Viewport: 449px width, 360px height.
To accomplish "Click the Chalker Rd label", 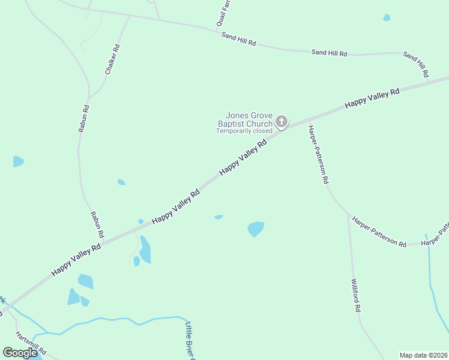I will pyautogui.click(x=113, y=59).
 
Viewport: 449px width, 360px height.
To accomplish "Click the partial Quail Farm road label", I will pyautogui.click(x=224, y=14).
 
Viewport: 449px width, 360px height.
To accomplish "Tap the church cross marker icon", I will pyautogui.click(x=281, y=122).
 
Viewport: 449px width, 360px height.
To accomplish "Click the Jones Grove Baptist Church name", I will pyautogui.click(x=249, y=120).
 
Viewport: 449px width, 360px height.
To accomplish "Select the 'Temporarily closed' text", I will pyautogui.click(x=244, y=131).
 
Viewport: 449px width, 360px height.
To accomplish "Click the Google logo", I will pyautogui.click(x=20, y=352).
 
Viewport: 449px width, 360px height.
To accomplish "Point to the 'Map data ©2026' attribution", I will pyautogui.click(x=424, y=355).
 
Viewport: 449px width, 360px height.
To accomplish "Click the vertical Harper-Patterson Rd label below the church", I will pyautogui.click(x=317, y=154).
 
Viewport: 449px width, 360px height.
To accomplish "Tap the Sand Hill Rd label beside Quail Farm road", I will pyautogui.click(x=239, y=40).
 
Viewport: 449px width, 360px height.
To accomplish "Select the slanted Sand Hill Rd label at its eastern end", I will pyautogui.click(x=416, y=64).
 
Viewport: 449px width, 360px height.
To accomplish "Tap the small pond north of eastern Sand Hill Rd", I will pyautogui.click(x=387, y=17).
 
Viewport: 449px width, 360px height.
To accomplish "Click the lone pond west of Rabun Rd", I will pyautogui.click(x=19, y=161).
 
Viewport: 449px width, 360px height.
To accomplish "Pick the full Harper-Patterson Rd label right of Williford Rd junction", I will pyautogui.click(x=379, y=232).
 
